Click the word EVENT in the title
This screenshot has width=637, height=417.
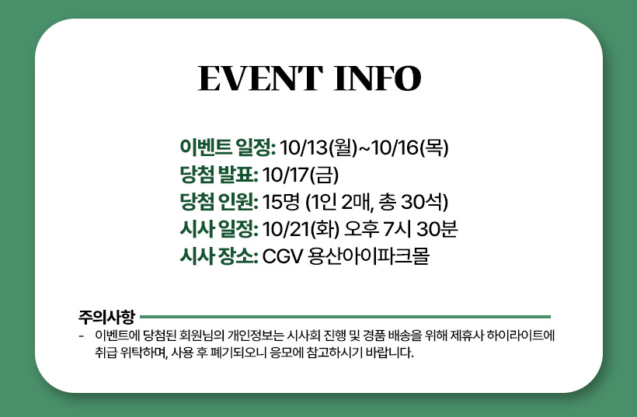[260, 78]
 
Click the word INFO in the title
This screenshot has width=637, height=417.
[378, 78]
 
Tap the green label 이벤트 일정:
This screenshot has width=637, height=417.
[228, 147]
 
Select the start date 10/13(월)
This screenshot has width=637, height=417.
[318, 147]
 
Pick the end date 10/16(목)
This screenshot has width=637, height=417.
[410, 147]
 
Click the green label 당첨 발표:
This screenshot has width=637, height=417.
[219, 175]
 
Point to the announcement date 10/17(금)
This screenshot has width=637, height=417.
[301, 175]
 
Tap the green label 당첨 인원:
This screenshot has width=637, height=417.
[219, 202]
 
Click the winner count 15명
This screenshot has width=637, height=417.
[281, 202]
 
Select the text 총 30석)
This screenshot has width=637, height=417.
[413, 202]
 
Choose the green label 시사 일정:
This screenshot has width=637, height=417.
[219, 229]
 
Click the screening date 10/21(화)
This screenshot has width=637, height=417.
[301, 229]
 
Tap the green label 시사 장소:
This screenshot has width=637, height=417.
[219, 256]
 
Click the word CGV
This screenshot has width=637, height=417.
[283, 256]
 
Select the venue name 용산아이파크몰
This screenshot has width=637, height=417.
[369, 256]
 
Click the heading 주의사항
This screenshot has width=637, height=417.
[106, 317]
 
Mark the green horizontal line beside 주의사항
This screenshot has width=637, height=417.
[345, 317]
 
